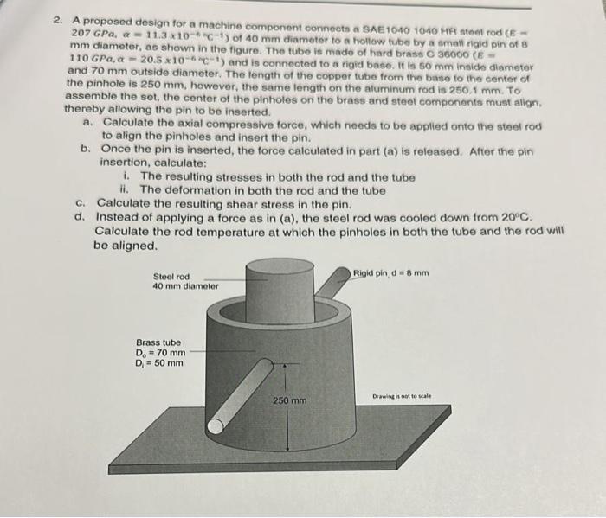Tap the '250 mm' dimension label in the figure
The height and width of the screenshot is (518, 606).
290,401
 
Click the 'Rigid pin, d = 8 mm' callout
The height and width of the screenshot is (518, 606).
390,274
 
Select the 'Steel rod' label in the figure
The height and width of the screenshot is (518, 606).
171,276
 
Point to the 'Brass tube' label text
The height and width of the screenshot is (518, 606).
159,342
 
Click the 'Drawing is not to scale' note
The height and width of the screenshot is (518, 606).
402,395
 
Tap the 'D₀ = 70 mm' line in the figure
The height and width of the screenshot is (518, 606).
160,353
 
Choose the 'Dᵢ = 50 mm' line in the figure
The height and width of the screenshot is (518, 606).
159,363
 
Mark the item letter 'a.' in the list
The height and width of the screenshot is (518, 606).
87,123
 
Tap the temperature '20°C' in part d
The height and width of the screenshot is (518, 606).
513,217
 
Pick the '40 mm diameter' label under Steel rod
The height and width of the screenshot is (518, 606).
185,285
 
